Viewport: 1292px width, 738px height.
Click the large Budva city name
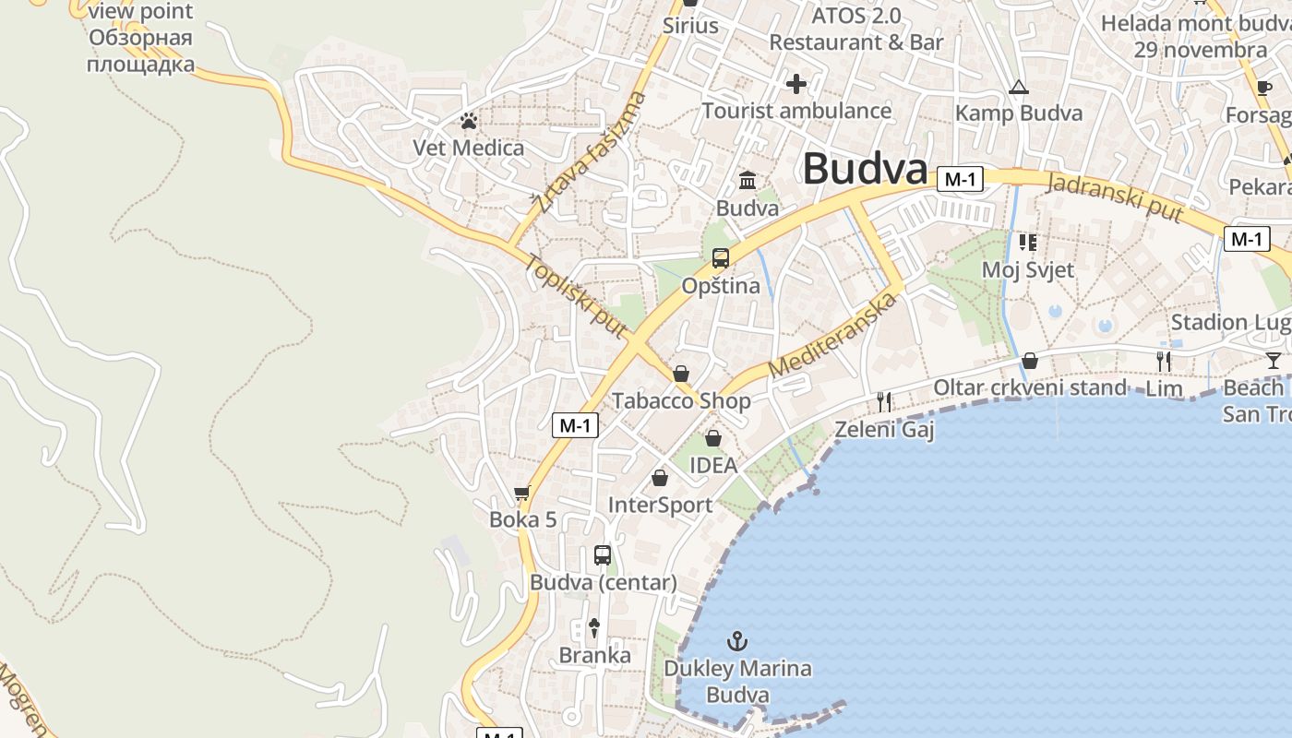(x=865, y=170)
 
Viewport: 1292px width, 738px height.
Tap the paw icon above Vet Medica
(x=469, y=121)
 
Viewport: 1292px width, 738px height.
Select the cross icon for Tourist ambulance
(x=796, y=84)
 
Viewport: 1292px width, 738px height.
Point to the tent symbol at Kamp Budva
(x=1018, y=88)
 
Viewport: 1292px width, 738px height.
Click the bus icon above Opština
(x=721, y=258)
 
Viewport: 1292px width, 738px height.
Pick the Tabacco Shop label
(x=681, y=401)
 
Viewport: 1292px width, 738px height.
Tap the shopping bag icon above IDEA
(x=712, y=438)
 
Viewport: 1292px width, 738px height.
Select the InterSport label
(x=660, y=506)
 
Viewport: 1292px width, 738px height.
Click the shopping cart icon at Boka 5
(x=522, y=494)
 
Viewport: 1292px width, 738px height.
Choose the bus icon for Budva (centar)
(x=603, y=555)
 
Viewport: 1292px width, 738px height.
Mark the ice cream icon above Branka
(x=594, y=628)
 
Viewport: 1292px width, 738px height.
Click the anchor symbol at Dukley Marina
(x=737, y=640)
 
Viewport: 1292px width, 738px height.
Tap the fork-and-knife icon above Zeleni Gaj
(x=884, y=401)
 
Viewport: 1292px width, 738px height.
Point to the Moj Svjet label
(x=1028, y=270)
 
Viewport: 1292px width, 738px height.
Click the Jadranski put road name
(x=1115, y=196)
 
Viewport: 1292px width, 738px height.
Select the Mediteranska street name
(x=833, y=335)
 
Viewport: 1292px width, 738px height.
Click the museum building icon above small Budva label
(x=748, y=180)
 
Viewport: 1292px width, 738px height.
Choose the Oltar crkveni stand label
(x=1030, y=387)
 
